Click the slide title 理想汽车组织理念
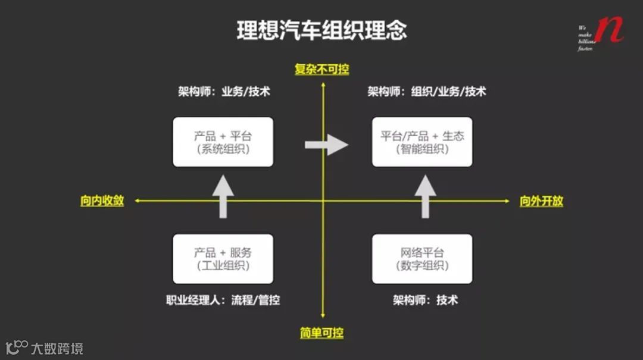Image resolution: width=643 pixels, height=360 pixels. coord(321,30)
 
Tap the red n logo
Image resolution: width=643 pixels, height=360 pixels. coord(608,30)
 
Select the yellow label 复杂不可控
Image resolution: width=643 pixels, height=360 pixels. coord(322,70)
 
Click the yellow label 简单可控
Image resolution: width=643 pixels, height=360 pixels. coord(322,333)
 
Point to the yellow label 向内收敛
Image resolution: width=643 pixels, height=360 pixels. coord(102,201)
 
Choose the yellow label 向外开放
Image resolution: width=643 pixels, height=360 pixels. coord(541,201)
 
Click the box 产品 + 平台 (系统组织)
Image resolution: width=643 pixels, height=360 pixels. coord(223,142)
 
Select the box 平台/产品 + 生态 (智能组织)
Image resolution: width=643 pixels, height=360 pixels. coord(422,142)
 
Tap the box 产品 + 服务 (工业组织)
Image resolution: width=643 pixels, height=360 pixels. coord(223,259)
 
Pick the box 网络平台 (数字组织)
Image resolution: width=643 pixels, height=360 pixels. coord(422,259)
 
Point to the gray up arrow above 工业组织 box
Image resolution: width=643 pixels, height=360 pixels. coord(223,197)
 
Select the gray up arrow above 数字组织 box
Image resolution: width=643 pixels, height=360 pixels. coord(425,197)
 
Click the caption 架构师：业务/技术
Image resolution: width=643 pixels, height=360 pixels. coord(224,92)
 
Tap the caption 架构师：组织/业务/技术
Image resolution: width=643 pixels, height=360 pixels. coord(426,92)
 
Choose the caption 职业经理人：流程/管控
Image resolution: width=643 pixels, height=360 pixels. coord(223,300)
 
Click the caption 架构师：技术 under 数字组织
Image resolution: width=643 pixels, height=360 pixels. coord(425,300)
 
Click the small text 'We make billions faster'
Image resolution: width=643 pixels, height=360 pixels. coord(586,38)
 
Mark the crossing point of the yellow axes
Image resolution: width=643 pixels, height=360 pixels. coord(323,201)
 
